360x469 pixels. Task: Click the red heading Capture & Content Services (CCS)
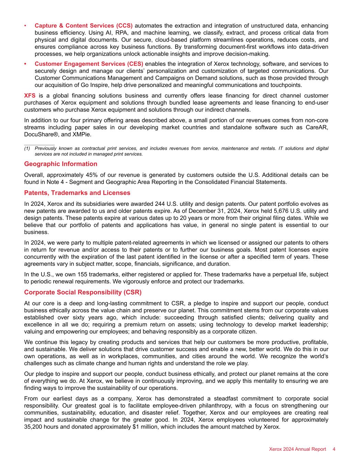[x=83, y=26]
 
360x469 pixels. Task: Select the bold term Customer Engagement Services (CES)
[x=89, y=64]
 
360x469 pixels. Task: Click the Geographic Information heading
[x=60, y=164]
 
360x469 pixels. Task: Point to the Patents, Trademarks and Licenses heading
[x=77, y=193]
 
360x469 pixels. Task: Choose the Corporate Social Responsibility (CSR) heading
[x=83, y=292]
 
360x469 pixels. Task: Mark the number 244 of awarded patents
[x=160, y=203]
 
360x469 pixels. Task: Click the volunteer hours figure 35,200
[x=33, y=427]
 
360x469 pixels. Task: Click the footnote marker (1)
[x=27, y=148]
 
